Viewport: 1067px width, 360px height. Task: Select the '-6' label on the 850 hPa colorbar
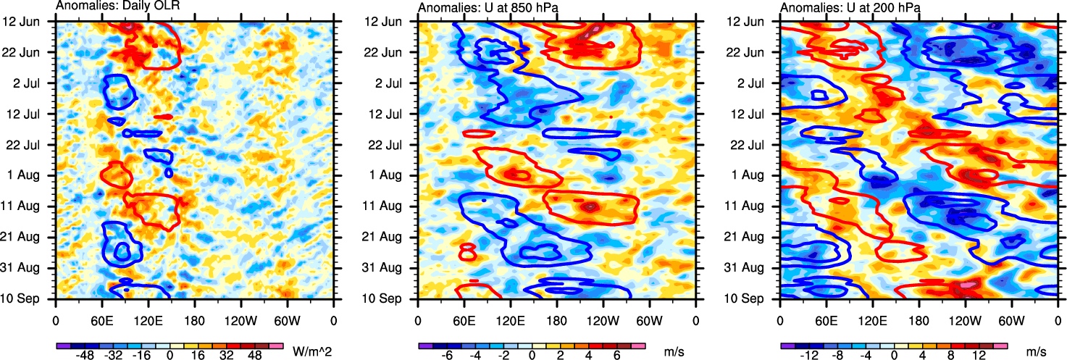[x=448, y=356]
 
